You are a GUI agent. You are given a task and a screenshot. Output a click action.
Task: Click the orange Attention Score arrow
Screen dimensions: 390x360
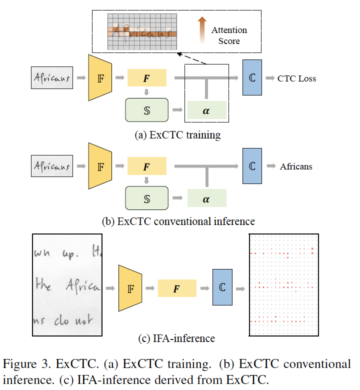pyautogui.click(x=202, y=29)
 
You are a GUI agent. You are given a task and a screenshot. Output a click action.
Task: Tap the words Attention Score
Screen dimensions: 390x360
pyautogui.click(x=229, y=35)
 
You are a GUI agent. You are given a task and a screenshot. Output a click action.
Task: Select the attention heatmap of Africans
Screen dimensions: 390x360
pyautogui.click(x=142, y=31)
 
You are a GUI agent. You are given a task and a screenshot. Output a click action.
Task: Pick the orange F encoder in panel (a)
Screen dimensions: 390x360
pyautogui.click(x=98, y=78)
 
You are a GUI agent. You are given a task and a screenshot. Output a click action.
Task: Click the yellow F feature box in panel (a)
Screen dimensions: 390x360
pyautogui.click(x=146, y=78)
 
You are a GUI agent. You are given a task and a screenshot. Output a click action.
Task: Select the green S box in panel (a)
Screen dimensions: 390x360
pyautogui.click(x=146, y=110)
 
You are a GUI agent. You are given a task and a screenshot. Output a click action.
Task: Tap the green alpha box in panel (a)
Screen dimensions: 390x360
pyautogui.click(x=206, y=110)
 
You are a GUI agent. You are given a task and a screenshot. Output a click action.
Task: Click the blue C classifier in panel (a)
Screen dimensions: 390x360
pyautogui.click(x=252, y=78)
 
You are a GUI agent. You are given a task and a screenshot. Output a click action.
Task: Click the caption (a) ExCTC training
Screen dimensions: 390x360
pyautogui.click(x=177, y=134)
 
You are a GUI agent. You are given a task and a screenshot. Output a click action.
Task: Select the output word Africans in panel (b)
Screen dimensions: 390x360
pyautogui.click(x=296, y=166)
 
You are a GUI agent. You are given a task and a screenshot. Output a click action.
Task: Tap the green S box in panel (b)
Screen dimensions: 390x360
pyautogui.click(x=146, y=198)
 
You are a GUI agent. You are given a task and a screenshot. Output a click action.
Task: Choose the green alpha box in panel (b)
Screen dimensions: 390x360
pyautogui.click(x=206, y=198)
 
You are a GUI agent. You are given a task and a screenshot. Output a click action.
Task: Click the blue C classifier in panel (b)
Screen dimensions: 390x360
pyautogui.click(x=252, y=166)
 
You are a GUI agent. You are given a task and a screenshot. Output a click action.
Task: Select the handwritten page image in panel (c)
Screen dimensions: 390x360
pyautogui.click(x=67, y=284)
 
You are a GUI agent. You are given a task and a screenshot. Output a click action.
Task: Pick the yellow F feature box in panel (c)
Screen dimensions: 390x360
pyautogui.click(x=176, y=288)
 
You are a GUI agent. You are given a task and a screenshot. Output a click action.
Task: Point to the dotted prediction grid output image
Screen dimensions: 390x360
pyautogui.click(x=283, y=284)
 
